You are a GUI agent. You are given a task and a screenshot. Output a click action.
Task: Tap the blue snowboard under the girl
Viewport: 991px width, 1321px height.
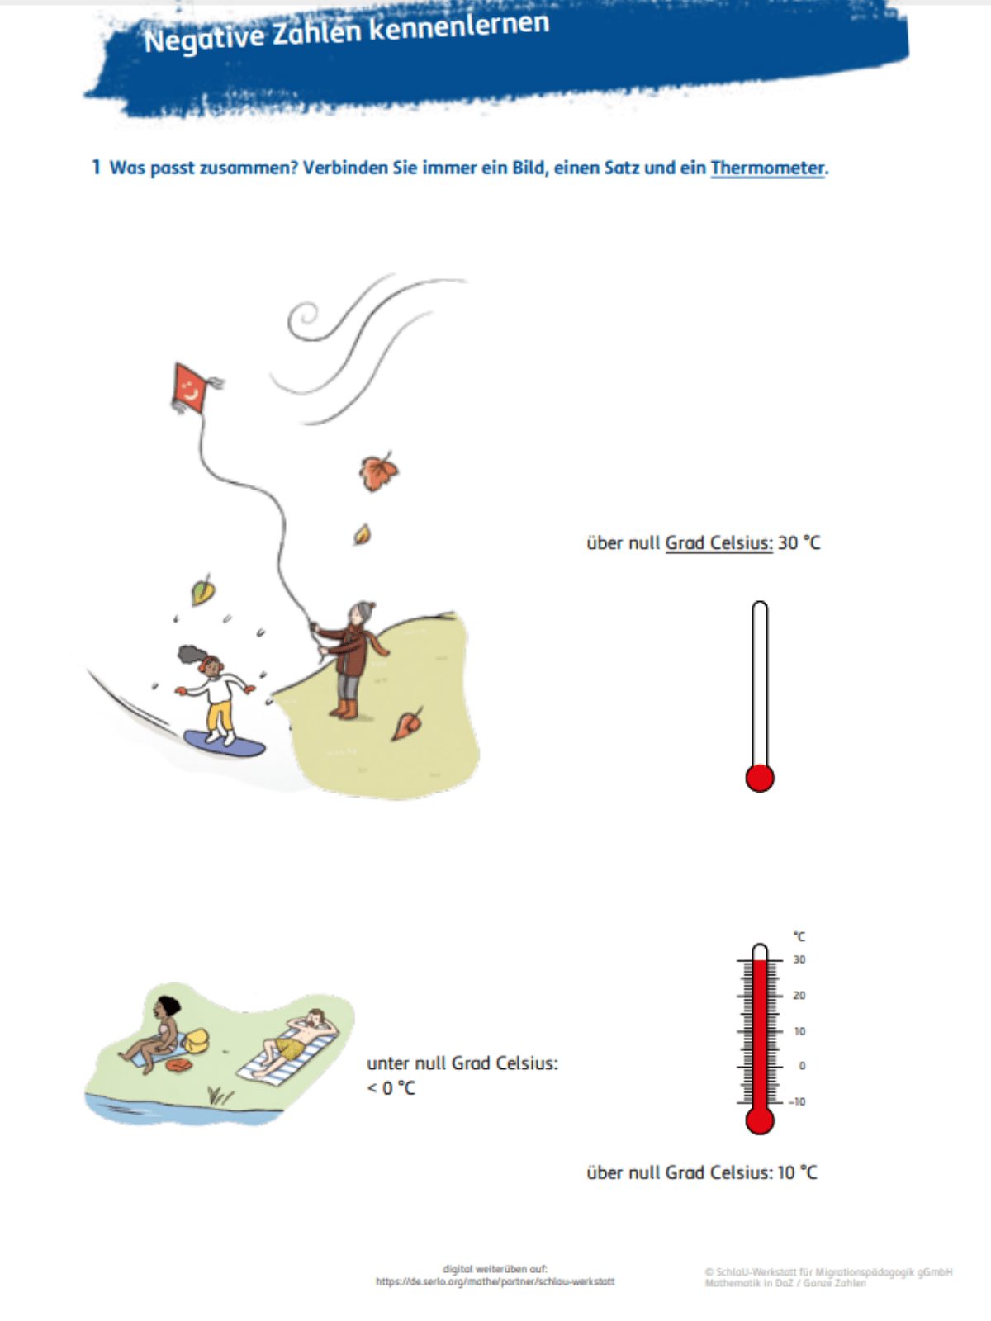coord(224,743)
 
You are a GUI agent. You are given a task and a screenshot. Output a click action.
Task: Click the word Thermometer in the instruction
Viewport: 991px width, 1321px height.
coord(767,168)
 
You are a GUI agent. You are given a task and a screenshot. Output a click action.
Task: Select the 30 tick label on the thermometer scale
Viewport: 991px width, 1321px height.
coord(799,959)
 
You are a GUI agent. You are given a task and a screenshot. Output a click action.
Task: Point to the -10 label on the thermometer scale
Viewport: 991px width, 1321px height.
coord(797,1101)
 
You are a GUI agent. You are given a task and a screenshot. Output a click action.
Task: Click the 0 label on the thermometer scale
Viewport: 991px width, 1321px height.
coord(802,1066)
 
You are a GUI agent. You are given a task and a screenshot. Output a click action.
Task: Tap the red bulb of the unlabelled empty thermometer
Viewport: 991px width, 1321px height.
coord(759,778)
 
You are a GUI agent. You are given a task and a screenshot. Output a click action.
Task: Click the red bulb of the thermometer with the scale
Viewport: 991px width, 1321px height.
coord(759,1120)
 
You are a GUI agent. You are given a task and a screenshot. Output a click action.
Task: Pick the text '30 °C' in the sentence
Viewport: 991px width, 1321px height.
coord(799,542)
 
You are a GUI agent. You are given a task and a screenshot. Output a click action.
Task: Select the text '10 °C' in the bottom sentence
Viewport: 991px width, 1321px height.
coord(797,1172)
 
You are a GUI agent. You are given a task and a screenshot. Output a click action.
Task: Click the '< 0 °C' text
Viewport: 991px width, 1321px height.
coord(391,1087)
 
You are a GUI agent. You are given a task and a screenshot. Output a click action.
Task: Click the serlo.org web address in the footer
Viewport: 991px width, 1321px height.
coord(495,1281)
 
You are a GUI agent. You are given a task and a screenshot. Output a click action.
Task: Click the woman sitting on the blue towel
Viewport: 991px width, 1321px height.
coord(153,1033)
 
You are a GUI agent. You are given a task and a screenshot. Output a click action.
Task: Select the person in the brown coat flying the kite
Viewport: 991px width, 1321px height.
coord(350,660)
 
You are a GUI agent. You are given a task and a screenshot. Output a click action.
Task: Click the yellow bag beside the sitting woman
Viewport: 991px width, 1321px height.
coord(196,1039)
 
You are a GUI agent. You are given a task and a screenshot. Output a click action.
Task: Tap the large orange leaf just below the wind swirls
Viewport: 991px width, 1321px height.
coord(378,471)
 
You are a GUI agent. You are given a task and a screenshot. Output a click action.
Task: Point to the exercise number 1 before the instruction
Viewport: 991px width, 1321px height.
coord(96,168)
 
